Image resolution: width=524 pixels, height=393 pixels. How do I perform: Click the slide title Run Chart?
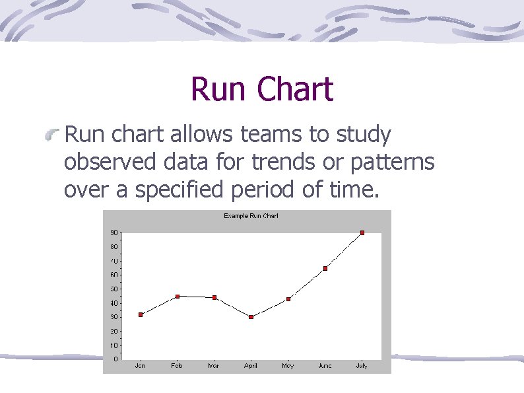point(262,89)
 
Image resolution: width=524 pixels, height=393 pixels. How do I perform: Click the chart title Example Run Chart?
point(251,216)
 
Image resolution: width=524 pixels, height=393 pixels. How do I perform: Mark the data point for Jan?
point(141,314)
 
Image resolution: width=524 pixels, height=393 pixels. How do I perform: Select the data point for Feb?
point(177,296)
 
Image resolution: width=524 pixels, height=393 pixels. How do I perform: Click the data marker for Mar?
point(214,297)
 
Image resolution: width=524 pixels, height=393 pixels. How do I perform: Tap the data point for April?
point(251,317)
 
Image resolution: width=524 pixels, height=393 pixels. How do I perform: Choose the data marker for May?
point(288,299)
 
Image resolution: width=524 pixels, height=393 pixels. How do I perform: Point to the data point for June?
point(325,268)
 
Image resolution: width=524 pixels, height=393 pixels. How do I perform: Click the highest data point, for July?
point(362,232)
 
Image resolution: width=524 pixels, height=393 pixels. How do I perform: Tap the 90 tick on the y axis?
point(115,232)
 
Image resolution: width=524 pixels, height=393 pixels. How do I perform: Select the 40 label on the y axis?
point(115,303)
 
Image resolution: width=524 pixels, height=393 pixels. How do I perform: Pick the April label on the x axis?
point(251,366)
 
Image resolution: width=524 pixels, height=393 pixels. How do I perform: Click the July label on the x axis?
point(362,366)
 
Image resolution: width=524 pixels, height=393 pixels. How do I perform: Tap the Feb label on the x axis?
point(177,366)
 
